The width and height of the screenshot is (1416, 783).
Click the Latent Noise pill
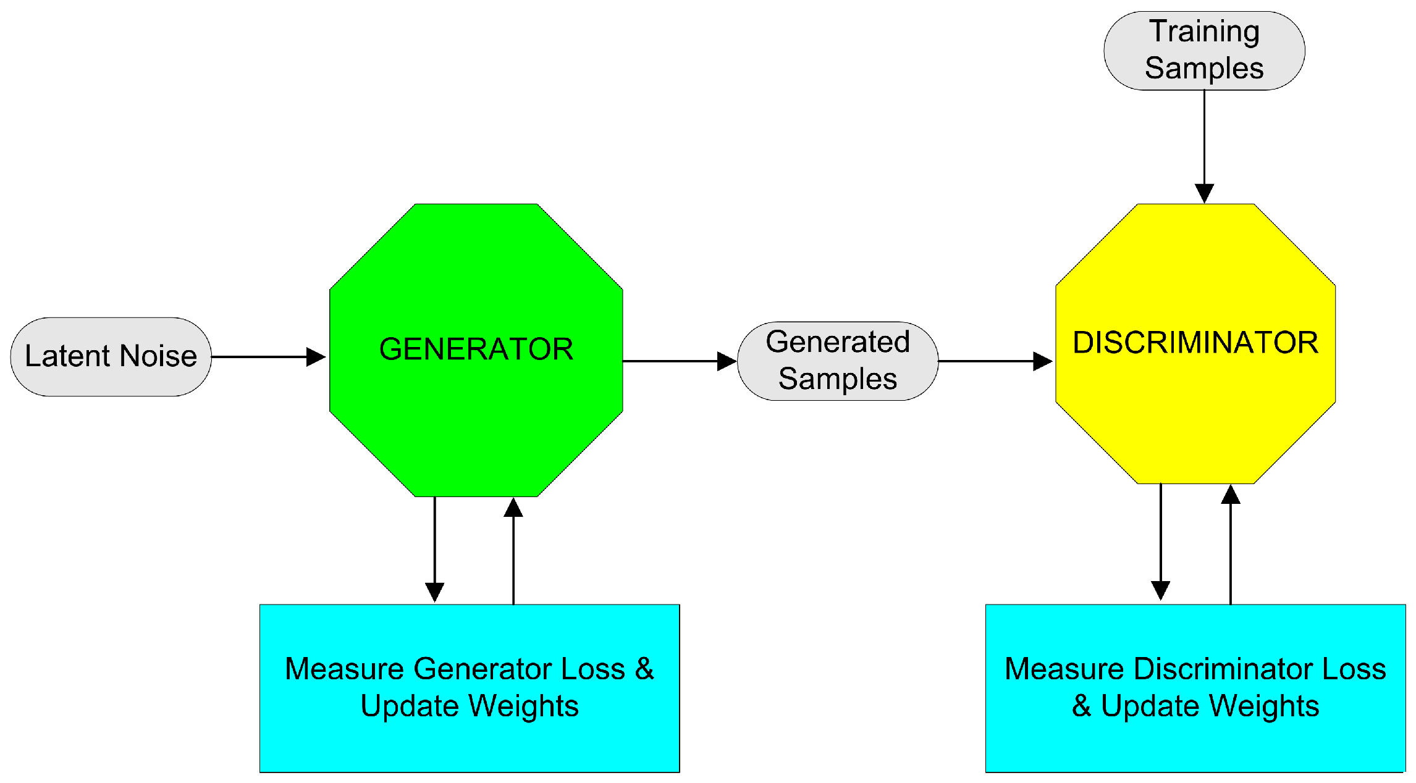point(111,357)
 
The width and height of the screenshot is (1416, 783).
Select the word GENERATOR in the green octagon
point(476,349)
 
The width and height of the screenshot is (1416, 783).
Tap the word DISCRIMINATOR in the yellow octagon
point(1195,343)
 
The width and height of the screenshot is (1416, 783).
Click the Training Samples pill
point(1204,51)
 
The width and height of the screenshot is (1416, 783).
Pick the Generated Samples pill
point(838,361)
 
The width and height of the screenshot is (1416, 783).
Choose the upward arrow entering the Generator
point(513,550)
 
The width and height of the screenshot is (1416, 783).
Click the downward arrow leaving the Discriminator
point(1161,540)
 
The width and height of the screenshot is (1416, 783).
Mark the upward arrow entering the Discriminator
point(1231,543)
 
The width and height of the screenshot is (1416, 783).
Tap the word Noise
point(158,356)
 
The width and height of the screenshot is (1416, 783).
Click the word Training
point(1204,31)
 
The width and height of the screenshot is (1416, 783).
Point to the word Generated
point(838,342)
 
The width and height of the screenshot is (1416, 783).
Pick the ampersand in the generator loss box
point(644,669)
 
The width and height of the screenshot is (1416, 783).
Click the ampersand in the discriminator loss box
point(1081,706)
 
